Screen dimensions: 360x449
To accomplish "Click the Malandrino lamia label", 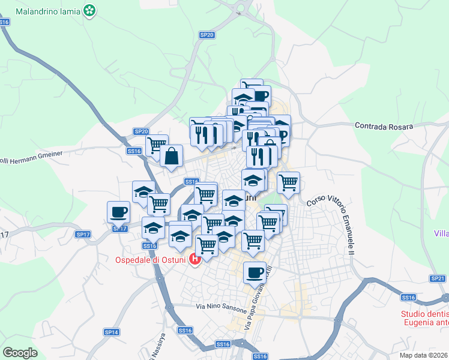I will pyautogui.click(x=48, y=11).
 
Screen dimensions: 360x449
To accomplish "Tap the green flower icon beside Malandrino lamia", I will pyautogui.click(x=89, y=10).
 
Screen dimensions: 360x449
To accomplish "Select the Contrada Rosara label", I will pyautogui.click(x=384, y=127).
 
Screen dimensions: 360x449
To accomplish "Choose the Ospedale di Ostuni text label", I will pyautogui.click(x=150, y=260).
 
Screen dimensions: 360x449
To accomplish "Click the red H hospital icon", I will pyautogui.click(x=194, y=260).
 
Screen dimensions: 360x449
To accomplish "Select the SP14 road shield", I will pyautogui.click(x=112, y=332).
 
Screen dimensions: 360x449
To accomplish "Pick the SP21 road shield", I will pyautogui.click(x=438, y=278).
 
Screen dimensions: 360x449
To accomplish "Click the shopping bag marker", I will pyautogui.click(x=172, y=156).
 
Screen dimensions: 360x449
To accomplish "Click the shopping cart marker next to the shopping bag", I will pyautogui.click(x=157, y=145).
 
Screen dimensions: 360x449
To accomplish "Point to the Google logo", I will pyautogui.click(x=20, y=353).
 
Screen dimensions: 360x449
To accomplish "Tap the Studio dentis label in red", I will pyautogui.click(x=425, y=314).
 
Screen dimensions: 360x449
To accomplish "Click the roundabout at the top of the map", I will pyautogui.click(x=243, y=9).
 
